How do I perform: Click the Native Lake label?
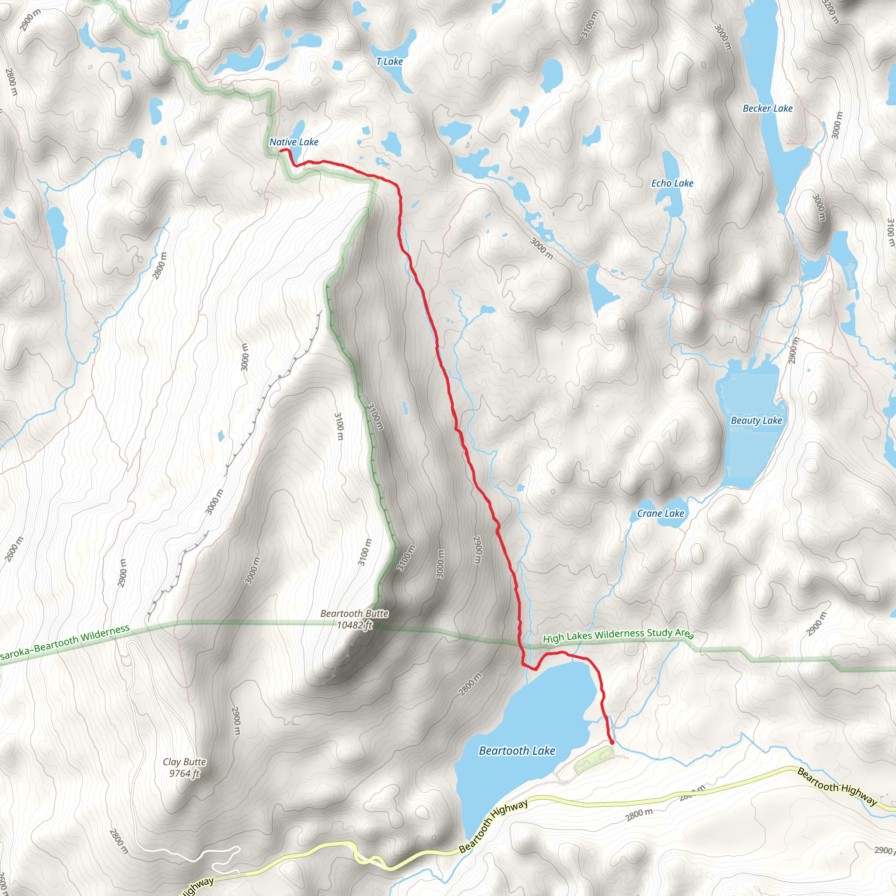294,142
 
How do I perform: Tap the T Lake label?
389,61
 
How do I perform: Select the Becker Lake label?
767,108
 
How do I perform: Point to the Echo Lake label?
672,183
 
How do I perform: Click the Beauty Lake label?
756,420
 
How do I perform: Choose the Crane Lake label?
660,513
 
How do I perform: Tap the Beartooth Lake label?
517,750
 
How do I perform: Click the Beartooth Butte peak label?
354,613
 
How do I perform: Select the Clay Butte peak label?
184,762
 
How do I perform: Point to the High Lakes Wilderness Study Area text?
618,635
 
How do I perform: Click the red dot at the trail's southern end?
612,742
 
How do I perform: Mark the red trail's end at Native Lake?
281,150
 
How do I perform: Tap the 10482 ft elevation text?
354,625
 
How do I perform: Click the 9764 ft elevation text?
184,773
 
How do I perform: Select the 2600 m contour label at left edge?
14,549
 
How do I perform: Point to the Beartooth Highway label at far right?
837,787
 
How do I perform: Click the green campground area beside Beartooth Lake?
594,759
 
